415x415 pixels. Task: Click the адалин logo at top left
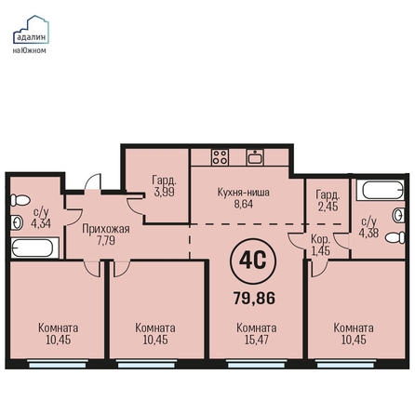coord(31,34)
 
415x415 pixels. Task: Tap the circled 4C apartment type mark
coord(253,261)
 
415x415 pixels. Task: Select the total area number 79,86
coord(254,299)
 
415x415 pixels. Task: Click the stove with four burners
coord(221,156)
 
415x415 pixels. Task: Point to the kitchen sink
coord(255,157)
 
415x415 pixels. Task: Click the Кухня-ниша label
coord(244,193)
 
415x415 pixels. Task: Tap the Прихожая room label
coord(106,229)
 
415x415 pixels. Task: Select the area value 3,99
coord(165,192)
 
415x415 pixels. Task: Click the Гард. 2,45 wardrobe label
coord(328,201)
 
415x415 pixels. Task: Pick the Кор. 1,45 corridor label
coord(321,245)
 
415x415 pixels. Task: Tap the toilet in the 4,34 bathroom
coord(20,200)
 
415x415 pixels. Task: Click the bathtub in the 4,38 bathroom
coord(381,190)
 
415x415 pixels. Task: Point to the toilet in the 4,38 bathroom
coord(395,237)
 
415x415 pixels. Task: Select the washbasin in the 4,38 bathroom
coord(399,215)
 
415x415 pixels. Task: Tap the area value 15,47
coord(257,340)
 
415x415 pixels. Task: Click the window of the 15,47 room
coord(256,364)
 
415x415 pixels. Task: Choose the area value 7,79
coord(106,241)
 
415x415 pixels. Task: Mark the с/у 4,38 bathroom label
coord(368,227)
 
